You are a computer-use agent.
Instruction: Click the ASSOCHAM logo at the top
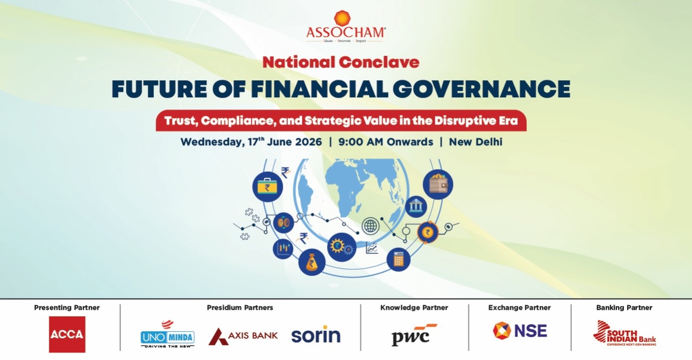click(x=345, y=27)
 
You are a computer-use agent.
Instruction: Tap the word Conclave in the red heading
click(x=379, y=62)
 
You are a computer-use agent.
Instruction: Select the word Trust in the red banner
click(x=181, y=121)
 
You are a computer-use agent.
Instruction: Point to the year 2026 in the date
click(x=308, y=142)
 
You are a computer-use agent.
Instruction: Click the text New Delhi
click(x=476, y=142)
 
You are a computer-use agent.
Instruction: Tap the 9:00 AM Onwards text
click(x=385, y=142)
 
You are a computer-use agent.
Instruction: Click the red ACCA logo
click(x=67, y=334)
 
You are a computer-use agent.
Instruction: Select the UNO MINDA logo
click(x=167, y=334)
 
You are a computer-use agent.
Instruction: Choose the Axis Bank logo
click(x=243, y=336)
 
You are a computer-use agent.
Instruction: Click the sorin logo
click(x=316, y=334)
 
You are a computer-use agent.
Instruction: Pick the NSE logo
click(x=520, y=331)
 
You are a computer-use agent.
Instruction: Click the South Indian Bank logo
click(x=624, y=333)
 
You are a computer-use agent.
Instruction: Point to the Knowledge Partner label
click(x=414, y=307)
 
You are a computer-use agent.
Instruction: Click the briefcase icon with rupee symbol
click(x=267, y=187)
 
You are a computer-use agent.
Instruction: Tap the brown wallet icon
click(x=438, y=185)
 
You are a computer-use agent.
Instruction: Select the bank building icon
click(x=416, y=206)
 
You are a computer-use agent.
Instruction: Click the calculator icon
click(x=398, y=259)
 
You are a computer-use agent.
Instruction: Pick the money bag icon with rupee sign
click(x=311, y=262)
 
